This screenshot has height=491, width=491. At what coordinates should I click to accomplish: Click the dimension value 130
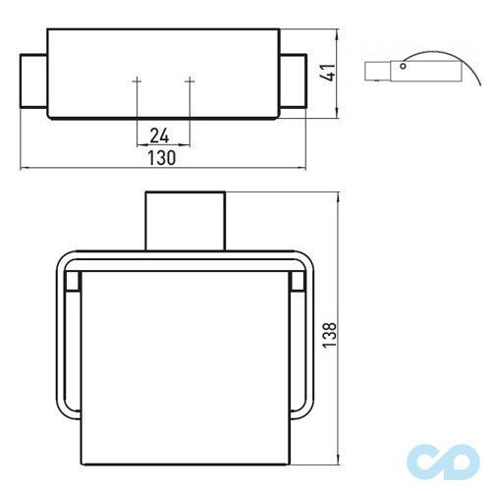pos(162,157)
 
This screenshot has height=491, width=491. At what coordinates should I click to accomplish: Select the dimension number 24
pos(162,135)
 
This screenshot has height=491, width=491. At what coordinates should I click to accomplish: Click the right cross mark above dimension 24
pos(189,79)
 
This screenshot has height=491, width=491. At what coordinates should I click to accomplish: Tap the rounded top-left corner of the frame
pos(59,263)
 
